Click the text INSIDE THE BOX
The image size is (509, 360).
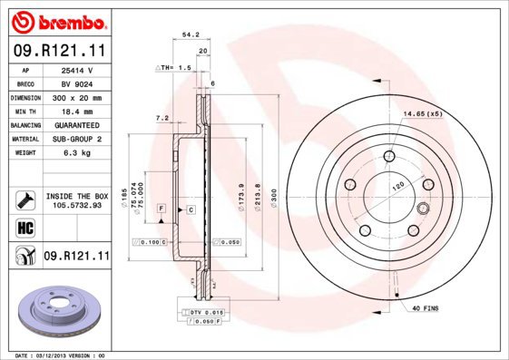[77, 196]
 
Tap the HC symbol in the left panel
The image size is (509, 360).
[24, 227]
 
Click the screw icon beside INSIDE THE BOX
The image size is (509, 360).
[24, 200]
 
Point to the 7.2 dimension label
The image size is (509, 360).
[162, 118]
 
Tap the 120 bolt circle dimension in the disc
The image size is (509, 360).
[396, 185]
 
